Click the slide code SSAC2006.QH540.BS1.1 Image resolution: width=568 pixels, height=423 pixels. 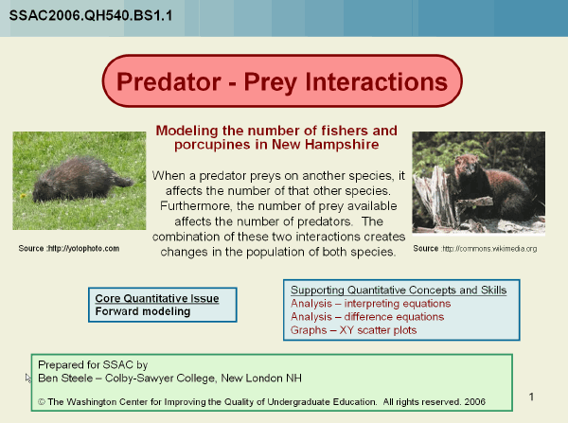click(91, 15)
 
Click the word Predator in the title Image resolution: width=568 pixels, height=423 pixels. click(169, 81)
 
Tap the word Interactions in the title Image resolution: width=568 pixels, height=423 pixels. click(377, 81)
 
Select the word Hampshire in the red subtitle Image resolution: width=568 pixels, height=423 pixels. click(342, 145)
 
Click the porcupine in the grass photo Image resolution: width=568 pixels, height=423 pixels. click(81, 179)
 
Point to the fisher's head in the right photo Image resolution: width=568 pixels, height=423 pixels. click(467, 166)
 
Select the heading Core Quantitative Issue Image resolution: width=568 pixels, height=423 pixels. click(157, 298)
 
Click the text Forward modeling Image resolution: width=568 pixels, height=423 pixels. click(143, 311)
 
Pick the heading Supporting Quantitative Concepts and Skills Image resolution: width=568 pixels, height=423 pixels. click(399, 291)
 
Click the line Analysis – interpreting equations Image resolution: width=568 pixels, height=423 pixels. click(370, 304)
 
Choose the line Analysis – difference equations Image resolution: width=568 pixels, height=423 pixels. click(367, 317)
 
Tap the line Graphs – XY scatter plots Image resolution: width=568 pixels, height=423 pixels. click(353, 330)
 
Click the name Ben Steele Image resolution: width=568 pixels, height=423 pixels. click(65, 379)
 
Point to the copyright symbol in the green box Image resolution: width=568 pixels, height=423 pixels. click(42, 402)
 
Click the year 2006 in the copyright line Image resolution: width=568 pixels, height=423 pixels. click(474, 401)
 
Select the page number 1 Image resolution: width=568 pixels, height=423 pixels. click(531, 397)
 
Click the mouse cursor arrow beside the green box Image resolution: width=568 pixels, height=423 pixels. click(27, 379)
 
